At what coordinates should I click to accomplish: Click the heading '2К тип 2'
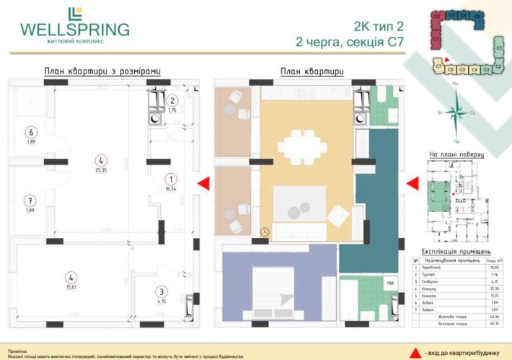(376, 27)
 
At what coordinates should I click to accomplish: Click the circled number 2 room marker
(172, 101)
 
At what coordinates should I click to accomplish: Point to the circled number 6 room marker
(30, 133)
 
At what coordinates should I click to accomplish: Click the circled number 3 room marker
(161, 292)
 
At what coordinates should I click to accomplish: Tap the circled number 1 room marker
(171, 180)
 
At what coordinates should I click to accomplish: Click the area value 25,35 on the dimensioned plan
(101, 170)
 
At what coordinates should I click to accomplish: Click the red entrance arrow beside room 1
(204, 184)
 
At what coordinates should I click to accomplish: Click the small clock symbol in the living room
(265, 232)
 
